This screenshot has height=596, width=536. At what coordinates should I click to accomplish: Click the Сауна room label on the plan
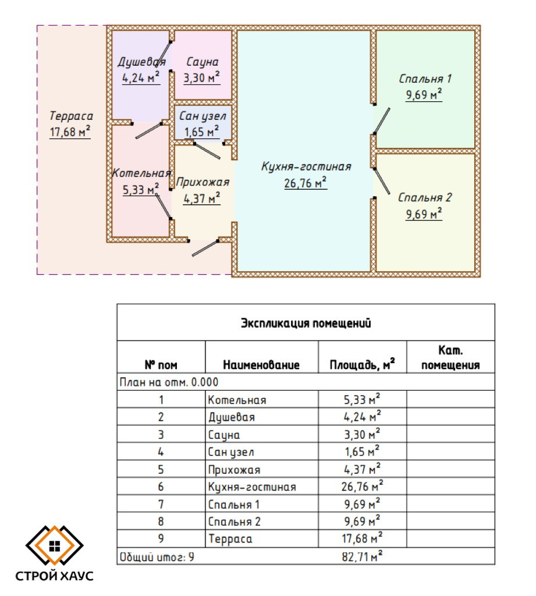[202, 62]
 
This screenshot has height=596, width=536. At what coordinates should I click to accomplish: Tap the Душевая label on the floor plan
[141, 62]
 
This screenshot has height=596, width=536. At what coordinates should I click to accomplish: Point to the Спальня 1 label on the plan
[425, 79]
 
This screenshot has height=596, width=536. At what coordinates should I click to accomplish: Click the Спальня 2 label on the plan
[425, 198]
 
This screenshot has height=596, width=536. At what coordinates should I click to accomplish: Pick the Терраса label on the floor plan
[71, 116]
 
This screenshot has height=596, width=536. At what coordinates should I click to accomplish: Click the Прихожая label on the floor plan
[203, 182]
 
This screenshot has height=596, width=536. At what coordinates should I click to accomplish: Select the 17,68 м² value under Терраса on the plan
[70, 132]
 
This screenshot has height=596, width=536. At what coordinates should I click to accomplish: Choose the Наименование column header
[261, 365]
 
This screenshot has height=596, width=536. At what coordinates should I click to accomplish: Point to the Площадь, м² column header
[362, 365]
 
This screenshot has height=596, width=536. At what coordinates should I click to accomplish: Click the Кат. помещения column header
[450, 358]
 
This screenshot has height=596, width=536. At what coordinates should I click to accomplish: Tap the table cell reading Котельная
[237, 400]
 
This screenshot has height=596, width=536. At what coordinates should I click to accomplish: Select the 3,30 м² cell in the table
[361, 434]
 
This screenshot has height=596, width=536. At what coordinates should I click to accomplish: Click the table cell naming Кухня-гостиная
[252, 487]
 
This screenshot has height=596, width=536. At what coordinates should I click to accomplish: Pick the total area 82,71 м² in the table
[361, 557]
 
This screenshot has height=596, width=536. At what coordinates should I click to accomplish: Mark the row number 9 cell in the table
[161, 539]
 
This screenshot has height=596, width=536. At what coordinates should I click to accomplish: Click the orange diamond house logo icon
[55, 545]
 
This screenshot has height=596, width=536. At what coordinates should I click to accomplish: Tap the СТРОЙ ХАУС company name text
[55, 577]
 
